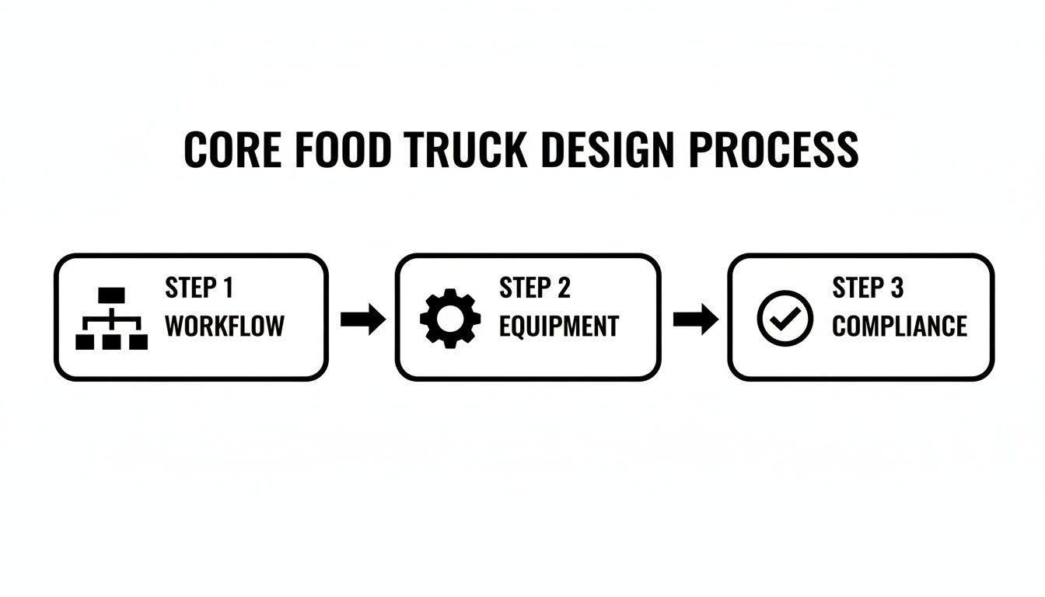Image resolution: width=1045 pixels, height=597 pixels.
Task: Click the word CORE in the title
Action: coord(231,150)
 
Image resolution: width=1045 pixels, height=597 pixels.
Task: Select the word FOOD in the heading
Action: coord(341,150)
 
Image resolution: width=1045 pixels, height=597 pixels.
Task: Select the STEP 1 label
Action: coord(199,288)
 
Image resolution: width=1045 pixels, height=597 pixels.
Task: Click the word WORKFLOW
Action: coord(225,326)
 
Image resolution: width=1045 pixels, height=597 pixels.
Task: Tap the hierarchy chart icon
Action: coord(111,318)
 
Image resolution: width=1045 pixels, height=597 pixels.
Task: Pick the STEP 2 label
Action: coord(535,288)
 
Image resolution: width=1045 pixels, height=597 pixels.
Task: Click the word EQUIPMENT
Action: coord(559,326)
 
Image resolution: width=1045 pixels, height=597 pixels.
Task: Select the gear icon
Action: coord(450,318)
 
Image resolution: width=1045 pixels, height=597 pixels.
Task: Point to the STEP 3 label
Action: coord(868,288)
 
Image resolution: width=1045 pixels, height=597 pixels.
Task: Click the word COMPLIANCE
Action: coord(900,326)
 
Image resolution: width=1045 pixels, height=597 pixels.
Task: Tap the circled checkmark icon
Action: coord(785,318)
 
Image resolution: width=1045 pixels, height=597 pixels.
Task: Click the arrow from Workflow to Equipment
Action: coord(363,319)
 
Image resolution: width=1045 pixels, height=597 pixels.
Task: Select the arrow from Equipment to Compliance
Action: coord(695,319)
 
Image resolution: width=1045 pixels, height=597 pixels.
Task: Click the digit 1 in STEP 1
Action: coord(228,288)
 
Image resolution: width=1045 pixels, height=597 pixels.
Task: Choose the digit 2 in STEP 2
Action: coord(563,288)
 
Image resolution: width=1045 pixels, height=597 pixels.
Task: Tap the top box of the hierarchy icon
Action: coord(111,295)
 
